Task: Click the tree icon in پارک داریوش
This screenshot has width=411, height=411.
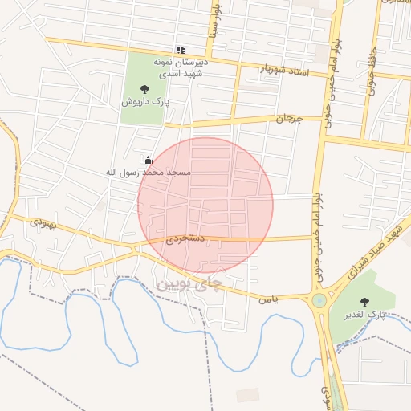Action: click(x=144, y=89)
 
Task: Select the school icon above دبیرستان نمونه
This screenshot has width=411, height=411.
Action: click(x=181, y=50)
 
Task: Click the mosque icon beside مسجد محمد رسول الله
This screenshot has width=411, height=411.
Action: click(x=148, y=160)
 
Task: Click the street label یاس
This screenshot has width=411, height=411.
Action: click(x=267, y=299)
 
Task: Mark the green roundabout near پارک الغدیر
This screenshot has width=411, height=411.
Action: click(x=319, y=302)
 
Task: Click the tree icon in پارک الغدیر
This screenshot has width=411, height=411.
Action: click(x=365, y=302)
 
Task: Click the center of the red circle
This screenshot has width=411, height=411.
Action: click(x=205, y=205)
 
